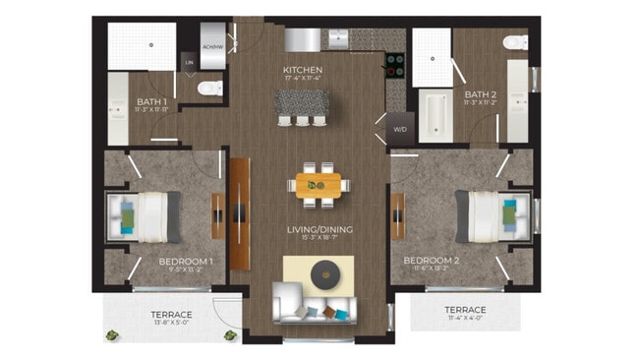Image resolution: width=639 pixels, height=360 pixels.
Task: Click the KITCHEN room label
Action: click(x=302, y=70)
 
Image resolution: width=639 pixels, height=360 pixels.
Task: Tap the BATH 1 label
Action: click(x=151, y=101)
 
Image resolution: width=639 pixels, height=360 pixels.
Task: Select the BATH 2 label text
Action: click(x=480, y=94)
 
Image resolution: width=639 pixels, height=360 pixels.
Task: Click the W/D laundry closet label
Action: click(x=400, y=129)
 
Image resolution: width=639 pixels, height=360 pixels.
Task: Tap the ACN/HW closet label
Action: click(x=211, y=45)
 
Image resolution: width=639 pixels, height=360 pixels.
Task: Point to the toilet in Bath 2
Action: click(x=513, y=43)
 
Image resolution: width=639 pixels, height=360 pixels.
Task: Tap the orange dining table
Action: click(x=318, y=184)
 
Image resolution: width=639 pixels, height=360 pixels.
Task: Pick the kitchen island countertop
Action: click(x=301, y=100)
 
